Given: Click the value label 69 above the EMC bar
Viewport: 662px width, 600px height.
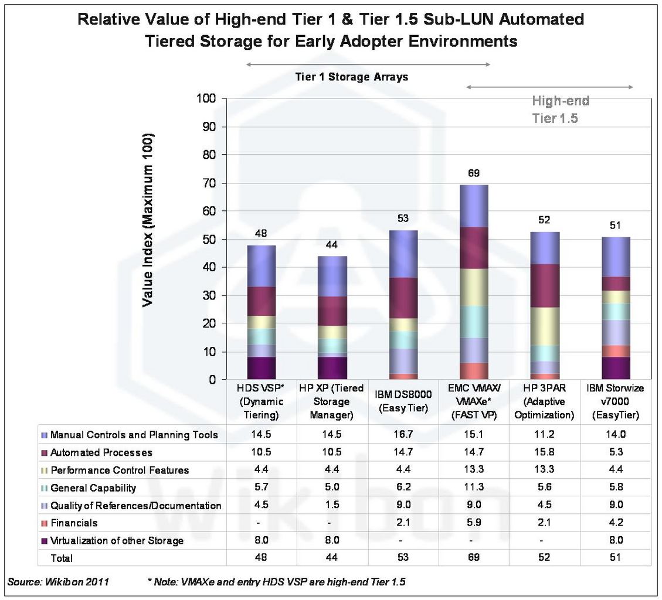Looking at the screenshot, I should pos(473,173).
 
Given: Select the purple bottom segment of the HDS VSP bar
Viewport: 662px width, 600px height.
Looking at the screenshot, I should pos(261,368).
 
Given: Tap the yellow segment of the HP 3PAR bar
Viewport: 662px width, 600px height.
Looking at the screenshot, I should pos(544,326).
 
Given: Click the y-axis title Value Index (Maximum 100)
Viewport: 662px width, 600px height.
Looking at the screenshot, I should pos(149,220).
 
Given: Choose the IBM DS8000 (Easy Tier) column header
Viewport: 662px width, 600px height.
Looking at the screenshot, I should pos(403,401).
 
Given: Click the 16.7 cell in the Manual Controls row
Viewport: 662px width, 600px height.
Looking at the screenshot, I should pos(403,435).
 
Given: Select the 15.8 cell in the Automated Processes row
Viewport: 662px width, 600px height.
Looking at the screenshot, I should pos(544,452).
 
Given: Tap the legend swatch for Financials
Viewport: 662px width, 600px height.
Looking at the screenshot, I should pos(45,523).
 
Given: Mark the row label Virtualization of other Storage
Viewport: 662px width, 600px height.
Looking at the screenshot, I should pos(117,540).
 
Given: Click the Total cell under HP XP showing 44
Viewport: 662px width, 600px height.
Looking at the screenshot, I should pos(332,558).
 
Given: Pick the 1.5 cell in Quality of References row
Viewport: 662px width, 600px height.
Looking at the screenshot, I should pos(332,505).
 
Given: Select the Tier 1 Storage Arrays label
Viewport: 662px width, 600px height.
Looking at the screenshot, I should pos(351,77).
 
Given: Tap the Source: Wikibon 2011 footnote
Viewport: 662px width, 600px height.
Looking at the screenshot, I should pos(57,582).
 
